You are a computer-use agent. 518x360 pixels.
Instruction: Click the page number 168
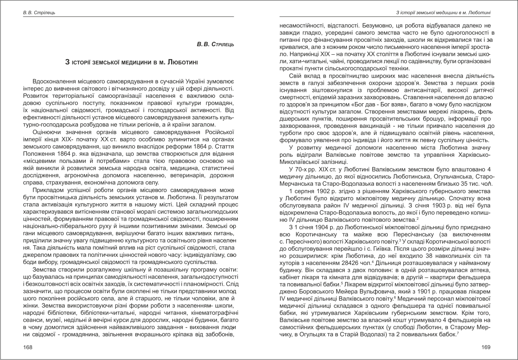27,347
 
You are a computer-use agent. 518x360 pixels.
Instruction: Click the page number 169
486,347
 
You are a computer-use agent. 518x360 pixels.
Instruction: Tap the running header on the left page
39,13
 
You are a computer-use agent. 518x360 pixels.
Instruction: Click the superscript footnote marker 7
458,333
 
